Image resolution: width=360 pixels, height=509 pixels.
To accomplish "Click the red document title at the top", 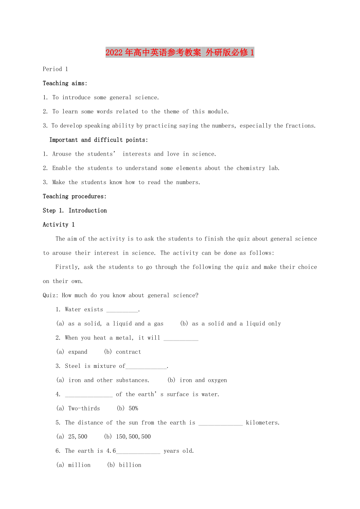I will point(180,52).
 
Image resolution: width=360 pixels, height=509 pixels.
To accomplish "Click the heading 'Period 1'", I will point(55,69).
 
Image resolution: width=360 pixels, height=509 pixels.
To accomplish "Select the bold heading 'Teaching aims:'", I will point(65,83).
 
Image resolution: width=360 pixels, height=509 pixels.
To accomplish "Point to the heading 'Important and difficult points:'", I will point(99,140).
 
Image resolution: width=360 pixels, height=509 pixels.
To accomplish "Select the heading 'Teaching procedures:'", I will point(74,196).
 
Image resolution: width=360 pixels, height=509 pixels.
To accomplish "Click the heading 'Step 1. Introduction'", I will point(74,210).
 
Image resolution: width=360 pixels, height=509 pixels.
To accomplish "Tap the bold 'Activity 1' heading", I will point(58,224).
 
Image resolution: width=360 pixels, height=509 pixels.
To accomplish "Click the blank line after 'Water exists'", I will point(122,310).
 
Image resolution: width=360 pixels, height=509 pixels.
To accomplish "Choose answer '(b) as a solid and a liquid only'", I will point(230,324).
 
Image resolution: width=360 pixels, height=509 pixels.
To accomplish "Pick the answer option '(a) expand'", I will point(72,352).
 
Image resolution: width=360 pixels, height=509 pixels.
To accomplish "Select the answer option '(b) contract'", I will point(122,352).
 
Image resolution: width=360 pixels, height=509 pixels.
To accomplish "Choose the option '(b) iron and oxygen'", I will point(197,380).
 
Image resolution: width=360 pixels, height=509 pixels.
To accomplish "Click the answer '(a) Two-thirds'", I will point(78,409).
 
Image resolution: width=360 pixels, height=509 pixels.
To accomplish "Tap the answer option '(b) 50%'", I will point(128,409).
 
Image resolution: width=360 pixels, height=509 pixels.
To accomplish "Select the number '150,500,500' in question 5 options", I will point(133,437).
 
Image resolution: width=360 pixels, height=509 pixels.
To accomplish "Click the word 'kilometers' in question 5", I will point(262,423).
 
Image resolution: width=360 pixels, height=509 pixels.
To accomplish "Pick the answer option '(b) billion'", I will point(124,465).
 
